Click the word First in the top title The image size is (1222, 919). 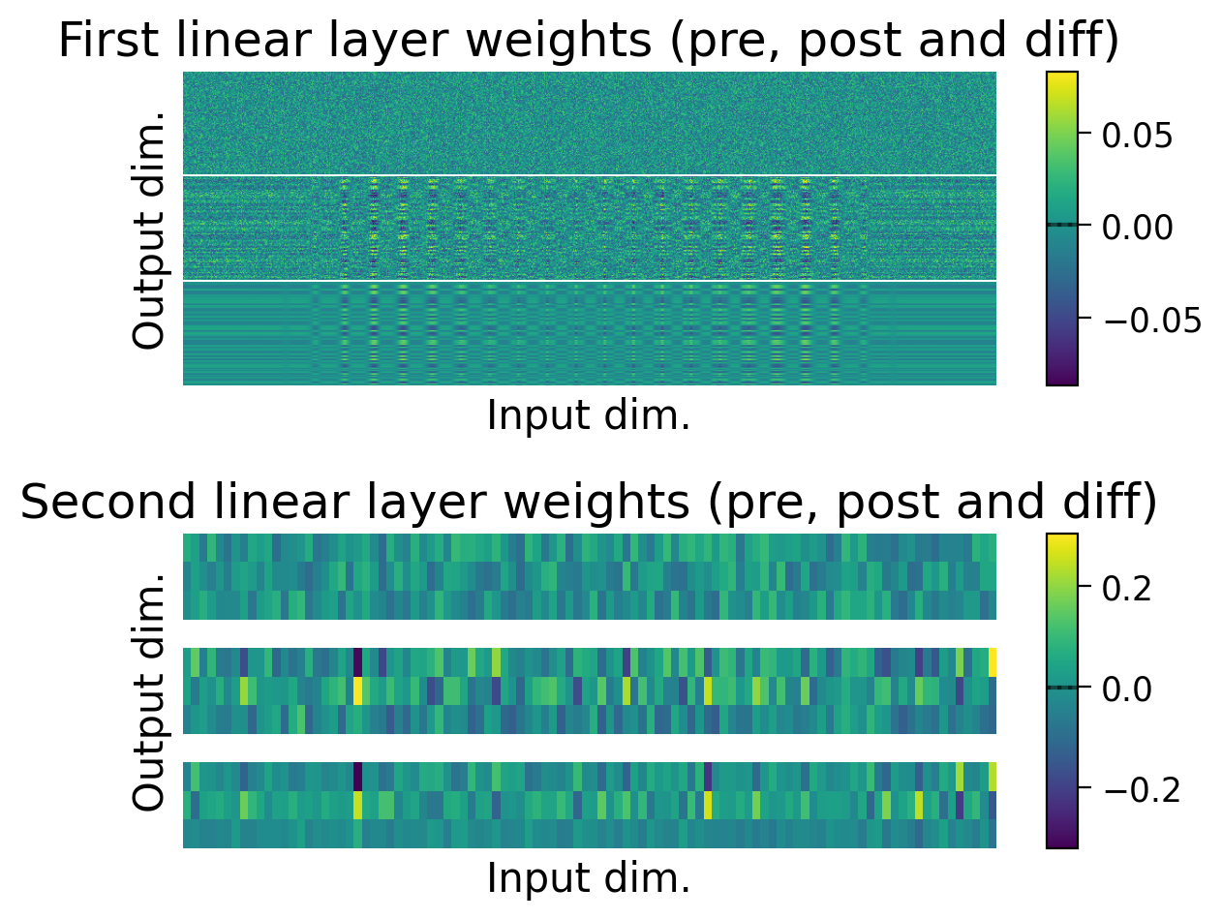tap(104, 42)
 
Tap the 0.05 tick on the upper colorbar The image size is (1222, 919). tap(1137, 135)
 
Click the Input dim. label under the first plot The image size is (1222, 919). tap(589, 416)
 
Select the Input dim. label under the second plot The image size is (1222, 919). tap(589, 878)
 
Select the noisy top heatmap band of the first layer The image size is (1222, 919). tap(589, 123)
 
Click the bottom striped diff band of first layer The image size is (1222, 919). tap(589, 333)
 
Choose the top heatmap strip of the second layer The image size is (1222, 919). tap(589, 576)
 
